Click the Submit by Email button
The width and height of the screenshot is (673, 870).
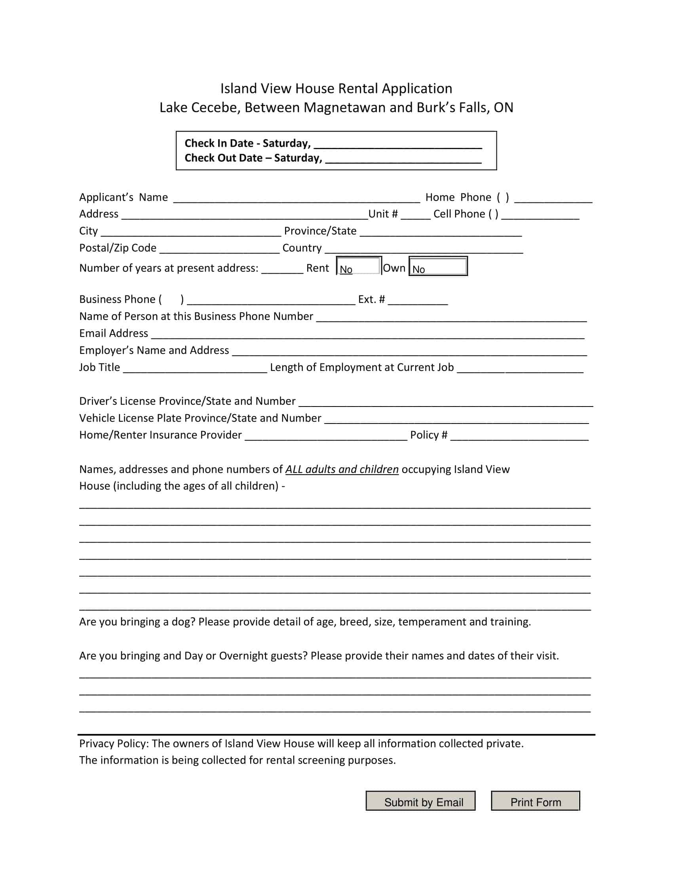pos(420,802)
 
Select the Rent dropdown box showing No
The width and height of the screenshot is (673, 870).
pos(359,266)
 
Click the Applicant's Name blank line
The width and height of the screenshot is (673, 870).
pos(296,199)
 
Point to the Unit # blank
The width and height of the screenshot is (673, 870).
pos(415,216)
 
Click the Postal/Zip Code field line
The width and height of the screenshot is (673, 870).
pos(219,250)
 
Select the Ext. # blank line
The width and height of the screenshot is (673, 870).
pos(417,301)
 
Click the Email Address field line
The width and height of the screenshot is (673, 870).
pos(367,335)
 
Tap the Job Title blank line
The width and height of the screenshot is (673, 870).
pos(195,369)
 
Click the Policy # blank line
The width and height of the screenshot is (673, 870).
pos(519,437)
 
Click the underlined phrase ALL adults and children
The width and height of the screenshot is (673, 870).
pos(342,469)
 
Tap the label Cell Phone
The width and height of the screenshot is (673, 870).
pos(459,214)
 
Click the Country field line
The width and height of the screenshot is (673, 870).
pos(424,250)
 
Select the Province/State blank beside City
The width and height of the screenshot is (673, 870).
pos(441,233)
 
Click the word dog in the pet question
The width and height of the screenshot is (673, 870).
pos(183,622)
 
